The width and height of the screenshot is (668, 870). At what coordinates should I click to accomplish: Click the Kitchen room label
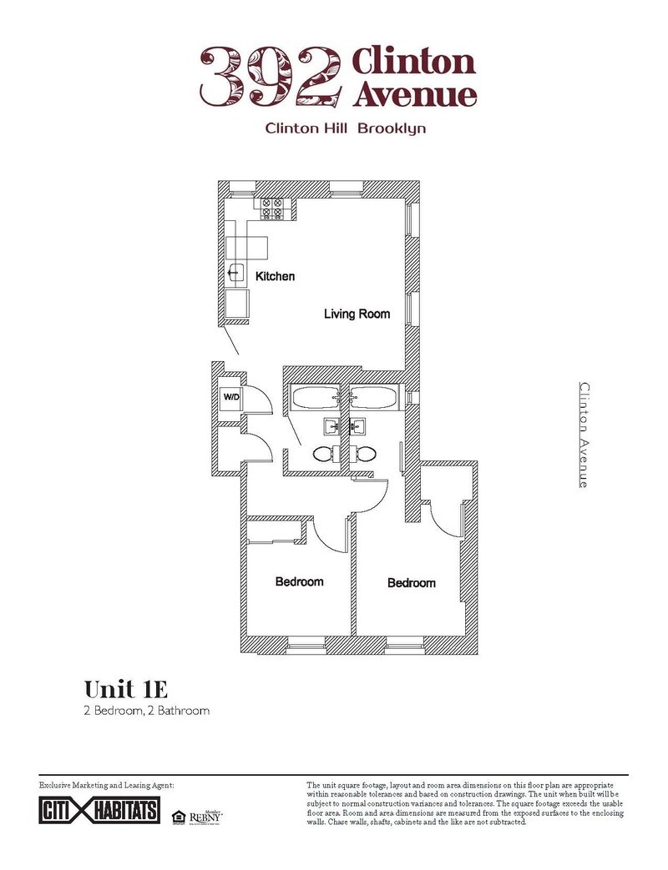(275, 276)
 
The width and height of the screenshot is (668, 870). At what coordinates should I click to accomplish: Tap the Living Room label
(357, 314)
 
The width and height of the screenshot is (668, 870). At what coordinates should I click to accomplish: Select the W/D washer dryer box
(230, 397)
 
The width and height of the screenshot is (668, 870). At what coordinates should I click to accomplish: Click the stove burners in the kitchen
(273, 208)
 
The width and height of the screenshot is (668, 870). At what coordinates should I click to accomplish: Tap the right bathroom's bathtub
(373, 398)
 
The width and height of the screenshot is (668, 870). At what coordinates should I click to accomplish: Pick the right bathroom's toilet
(366, 455)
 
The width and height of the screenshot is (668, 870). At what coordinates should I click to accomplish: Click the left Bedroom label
(299, 581)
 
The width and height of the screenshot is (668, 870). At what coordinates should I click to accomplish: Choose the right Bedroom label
(412, 583)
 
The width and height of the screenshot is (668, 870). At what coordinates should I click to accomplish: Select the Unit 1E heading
(127, 689)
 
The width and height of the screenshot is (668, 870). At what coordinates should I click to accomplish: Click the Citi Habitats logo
(99, 810)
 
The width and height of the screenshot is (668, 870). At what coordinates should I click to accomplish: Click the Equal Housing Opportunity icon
(177, 815)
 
